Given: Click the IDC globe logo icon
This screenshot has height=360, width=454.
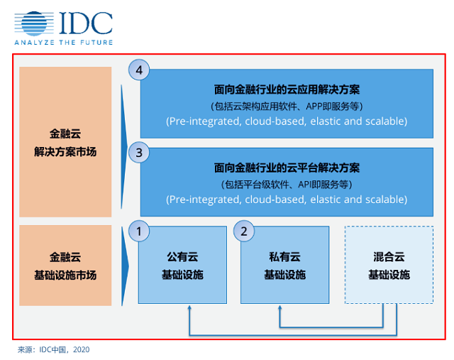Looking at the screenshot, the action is tap(34, 23).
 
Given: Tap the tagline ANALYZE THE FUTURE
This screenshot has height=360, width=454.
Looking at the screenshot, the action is tap(64, 43).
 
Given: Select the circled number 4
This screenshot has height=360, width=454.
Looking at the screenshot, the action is tap(139, 70).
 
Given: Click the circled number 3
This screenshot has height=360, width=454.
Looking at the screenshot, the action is tap(139, 153).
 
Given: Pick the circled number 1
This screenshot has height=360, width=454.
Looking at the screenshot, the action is tap(139, 231).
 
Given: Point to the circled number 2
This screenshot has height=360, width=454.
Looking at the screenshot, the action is tap(244, 231).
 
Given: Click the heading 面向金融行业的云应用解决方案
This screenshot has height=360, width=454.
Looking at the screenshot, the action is tap(287, 89).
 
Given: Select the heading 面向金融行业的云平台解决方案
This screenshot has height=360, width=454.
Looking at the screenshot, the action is tap(287, 168).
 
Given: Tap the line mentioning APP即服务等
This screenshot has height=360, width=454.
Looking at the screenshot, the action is tap(287, 107).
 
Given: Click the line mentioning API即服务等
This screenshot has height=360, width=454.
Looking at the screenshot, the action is tap(287, 185).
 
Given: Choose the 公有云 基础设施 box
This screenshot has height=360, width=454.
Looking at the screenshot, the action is tap(182, 265).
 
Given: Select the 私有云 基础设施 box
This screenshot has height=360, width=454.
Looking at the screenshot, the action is tap(285, 265).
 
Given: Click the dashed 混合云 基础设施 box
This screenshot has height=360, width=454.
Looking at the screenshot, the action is tap(389, 265).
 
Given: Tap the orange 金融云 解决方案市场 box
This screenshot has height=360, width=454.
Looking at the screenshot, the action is tap(65, 142).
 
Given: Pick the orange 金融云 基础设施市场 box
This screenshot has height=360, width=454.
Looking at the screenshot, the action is tap(65, 266).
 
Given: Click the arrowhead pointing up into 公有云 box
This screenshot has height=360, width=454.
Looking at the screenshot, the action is tap(189, 307).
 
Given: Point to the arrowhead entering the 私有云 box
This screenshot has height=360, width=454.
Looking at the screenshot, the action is tap(279, 307).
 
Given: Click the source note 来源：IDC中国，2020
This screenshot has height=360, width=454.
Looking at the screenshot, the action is tap(54, 349).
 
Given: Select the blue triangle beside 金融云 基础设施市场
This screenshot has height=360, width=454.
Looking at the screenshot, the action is tap(125, 266).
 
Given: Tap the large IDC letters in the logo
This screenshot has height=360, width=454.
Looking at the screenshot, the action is tap(86, 23).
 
